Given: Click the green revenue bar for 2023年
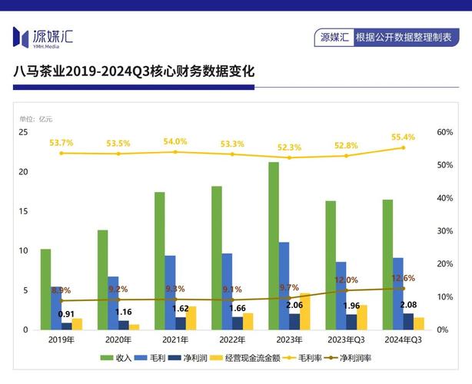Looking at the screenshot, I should click(274, 246).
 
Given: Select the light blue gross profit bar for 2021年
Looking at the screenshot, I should click(170, 293).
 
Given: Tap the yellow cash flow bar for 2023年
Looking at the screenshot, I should click(305, 311).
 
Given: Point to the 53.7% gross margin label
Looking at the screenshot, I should click(61, 143).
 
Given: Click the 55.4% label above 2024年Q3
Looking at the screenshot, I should click(402, 137).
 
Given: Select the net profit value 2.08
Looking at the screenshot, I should click(409, 306).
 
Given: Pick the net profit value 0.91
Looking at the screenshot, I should click(67, 314).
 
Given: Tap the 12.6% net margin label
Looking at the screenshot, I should click(403, 278).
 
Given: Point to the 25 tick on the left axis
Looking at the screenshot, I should click(23, 132).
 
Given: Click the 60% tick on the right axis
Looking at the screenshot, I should click(445, 132).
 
